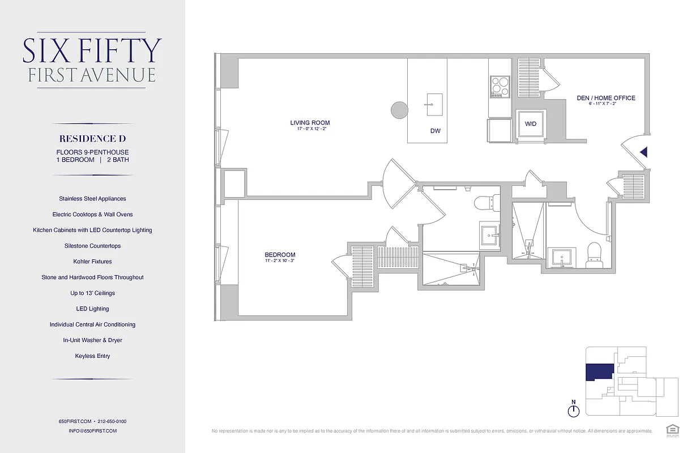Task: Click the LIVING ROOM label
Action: pos(310,123)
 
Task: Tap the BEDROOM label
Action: pos(280,255)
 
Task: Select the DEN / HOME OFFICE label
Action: pos(606,98)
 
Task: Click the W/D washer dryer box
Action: pos(531,123)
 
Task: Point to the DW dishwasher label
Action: pos(435,131)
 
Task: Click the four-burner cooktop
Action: pos(500,86)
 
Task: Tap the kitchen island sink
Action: pos(434,101)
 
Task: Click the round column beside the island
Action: pos(399,110)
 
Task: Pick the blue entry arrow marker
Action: pos(643,152)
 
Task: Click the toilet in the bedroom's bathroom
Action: pos(488,201)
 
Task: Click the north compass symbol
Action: pos(573,410)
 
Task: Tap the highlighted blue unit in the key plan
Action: pos(599,371)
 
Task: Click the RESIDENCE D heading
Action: pos(92,139)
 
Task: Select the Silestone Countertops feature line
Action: pos(92,246)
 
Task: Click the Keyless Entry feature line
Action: pos(92,356)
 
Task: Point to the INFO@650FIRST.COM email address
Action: pos(92,431)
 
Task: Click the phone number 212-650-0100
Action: pos(112,421)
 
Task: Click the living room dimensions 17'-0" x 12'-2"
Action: pos(310,130)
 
